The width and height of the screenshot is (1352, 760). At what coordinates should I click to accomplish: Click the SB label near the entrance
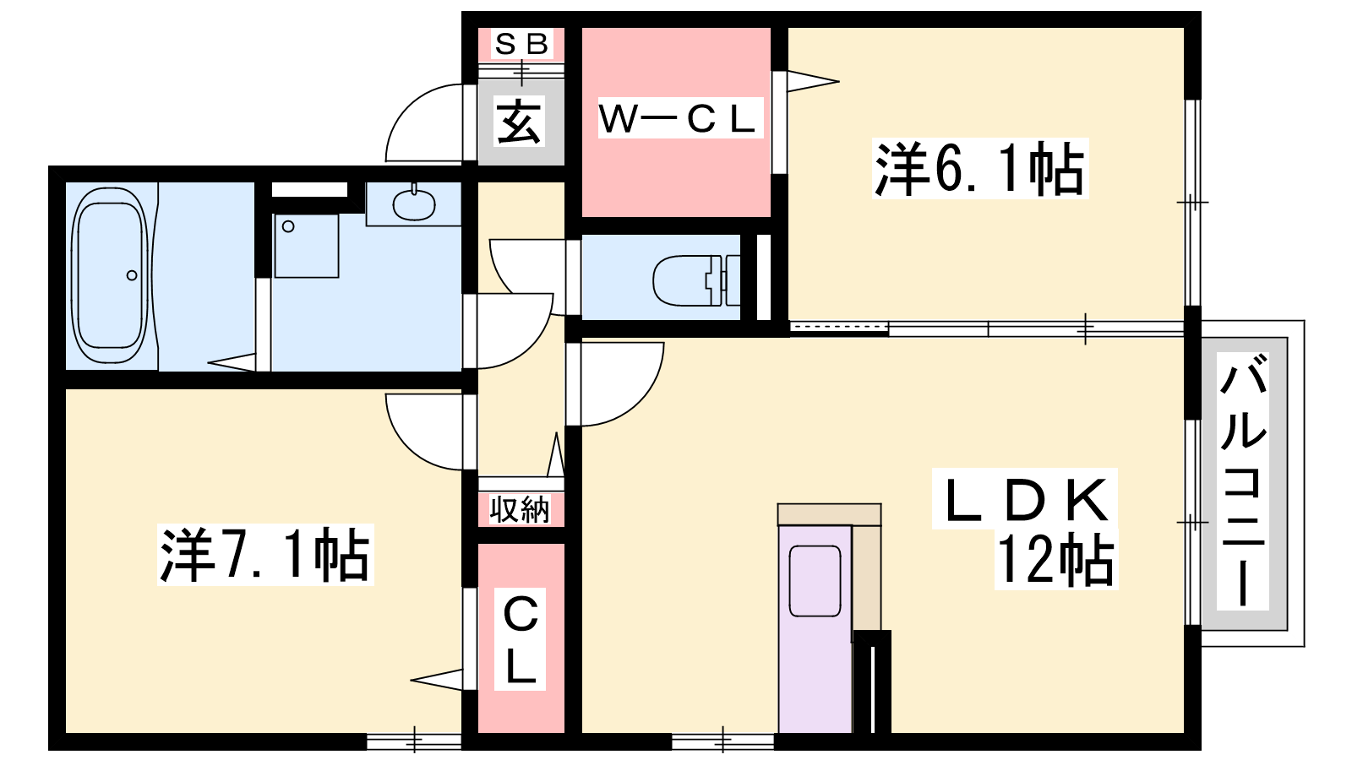pyautogui.click(x=521, y=43)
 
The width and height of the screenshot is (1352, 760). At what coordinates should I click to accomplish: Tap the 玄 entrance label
pyautogui.click(x=519, y=121)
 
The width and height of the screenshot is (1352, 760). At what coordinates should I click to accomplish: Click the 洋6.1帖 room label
pyautogui.click(x=979, y=169)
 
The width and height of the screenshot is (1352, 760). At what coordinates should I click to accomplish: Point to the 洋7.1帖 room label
pyautogui.click(x=265, y=555)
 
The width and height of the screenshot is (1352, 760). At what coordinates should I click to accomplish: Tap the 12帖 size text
pyautogui.click(x=1055, y=560)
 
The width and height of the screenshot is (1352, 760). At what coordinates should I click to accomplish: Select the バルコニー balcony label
pyautogui.click(x=1242, y=480)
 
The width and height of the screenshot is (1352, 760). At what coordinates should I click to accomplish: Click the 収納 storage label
pyautogui.click(x=519, y=510)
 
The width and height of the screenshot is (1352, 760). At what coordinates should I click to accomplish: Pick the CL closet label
pyautogui.click(x=521, y=639)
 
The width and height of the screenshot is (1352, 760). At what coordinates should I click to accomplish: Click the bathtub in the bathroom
pyautogui.click(x=110, y=275)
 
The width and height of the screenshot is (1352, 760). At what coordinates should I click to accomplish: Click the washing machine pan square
pyautogui.click(x=307, y=246)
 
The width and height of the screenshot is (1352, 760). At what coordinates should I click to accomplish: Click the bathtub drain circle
pyautogui.click(x=132, y=275)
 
